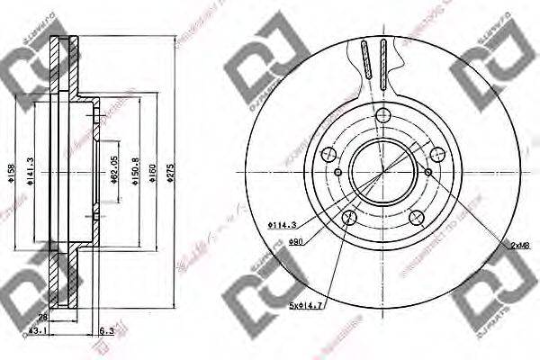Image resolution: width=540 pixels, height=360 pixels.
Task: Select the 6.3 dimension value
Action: (107, 329)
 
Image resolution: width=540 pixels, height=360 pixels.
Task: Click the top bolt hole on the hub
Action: (382, 114)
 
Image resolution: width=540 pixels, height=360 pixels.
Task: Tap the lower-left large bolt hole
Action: (349, 218)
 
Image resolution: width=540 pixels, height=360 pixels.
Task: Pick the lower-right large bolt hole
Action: (416, 217)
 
